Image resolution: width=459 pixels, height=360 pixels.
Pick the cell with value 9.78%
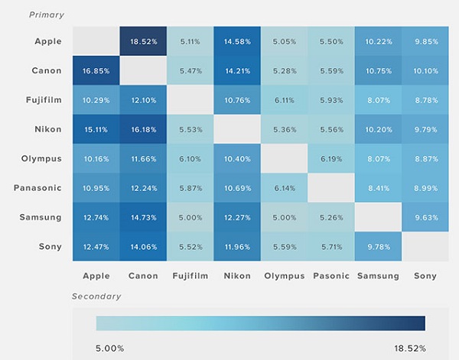pos(378,248)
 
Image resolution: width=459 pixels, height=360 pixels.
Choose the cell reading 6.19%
pos(330,158)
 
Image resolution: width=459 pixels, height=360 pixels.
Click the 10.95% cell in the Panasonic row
pos(96,188)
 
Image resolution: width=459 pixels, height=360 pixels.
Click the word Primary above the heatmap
pos(47,15)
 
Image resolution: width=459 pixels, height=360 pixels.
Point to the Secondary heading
pos(97,295)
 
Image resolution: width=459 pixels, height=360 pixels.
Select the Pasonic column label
pos(330,276)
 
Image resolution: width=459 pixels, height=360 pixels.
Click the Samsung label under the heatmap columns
pos(378,276)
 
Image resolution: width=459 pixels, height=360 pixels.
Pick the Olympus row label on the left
pos(42,158)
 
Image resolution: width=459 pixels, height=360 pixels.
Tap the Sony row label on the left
pos(50,248)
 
